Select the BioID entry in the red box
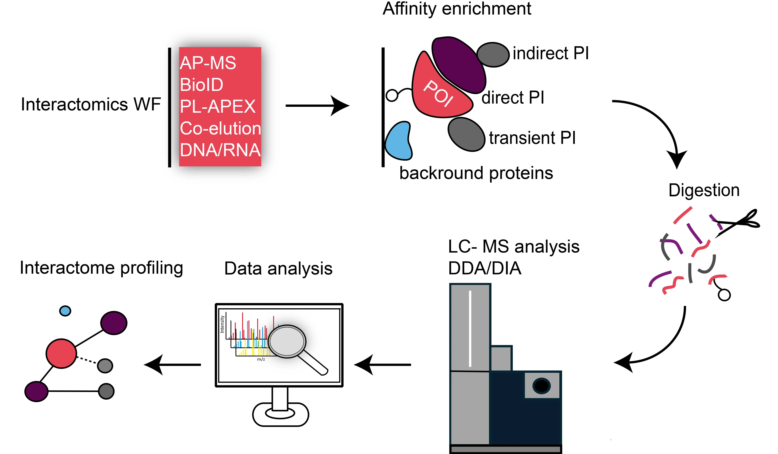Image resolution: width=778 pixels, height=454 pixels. tap(202, 85)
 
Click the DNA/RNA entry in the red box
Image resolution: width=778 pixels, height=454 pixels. tap(220, 150)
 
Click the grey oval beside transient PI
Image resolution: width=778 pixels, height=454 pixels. tap(466, 134)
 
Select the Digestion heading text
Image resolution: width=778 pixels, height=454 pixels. tap(704, 190)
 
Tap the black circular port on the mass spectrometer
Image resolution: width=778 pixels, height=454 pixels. tap(542, 385)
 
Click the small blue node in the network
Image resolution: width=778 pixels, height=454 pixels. tap(65, 311)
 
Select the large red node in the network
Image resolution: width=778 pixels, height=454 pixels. tap(61, 353)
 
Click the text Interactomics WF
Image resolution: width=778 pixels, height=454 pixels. tap(91, 104)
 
